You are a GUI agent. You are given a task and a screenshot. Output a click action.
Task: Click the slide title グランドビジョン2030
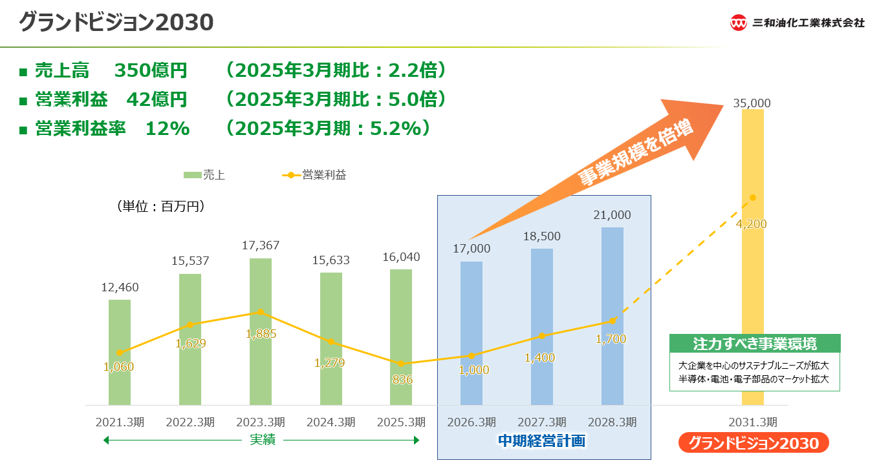(116, 23)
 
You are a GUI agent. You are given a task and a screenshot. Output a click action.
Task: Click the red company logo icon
(739, 23)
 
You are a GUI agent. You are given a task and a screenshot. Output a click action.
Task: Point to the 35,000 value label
(752, 103)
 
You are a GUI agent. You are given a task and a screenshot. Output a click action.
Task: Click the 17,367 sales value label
(261, 245)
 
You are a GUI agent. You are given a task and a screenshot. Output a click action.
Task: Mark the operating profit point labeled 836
(402, 364)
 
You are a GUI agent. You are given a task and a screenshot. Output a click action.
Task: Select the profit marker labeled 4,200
(752, 198)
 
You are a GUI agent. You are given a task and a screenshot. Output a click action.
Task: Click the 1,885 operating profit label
(261, 334)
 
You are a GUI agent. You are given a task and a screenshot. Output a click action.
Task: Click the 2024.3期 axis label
(330, 422)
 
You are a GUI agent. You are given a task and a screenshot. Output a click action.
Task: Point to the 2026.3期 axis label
(471, 422)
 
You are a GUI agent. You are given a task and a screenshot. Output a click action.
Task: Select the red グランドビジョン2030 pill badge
(753, 443)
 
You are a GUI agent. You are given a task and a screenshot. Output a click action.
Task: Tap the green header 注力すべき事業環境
(754, 343)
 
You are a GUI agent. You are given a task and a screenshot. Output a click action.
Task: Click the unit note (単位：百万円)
(161, 207)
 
